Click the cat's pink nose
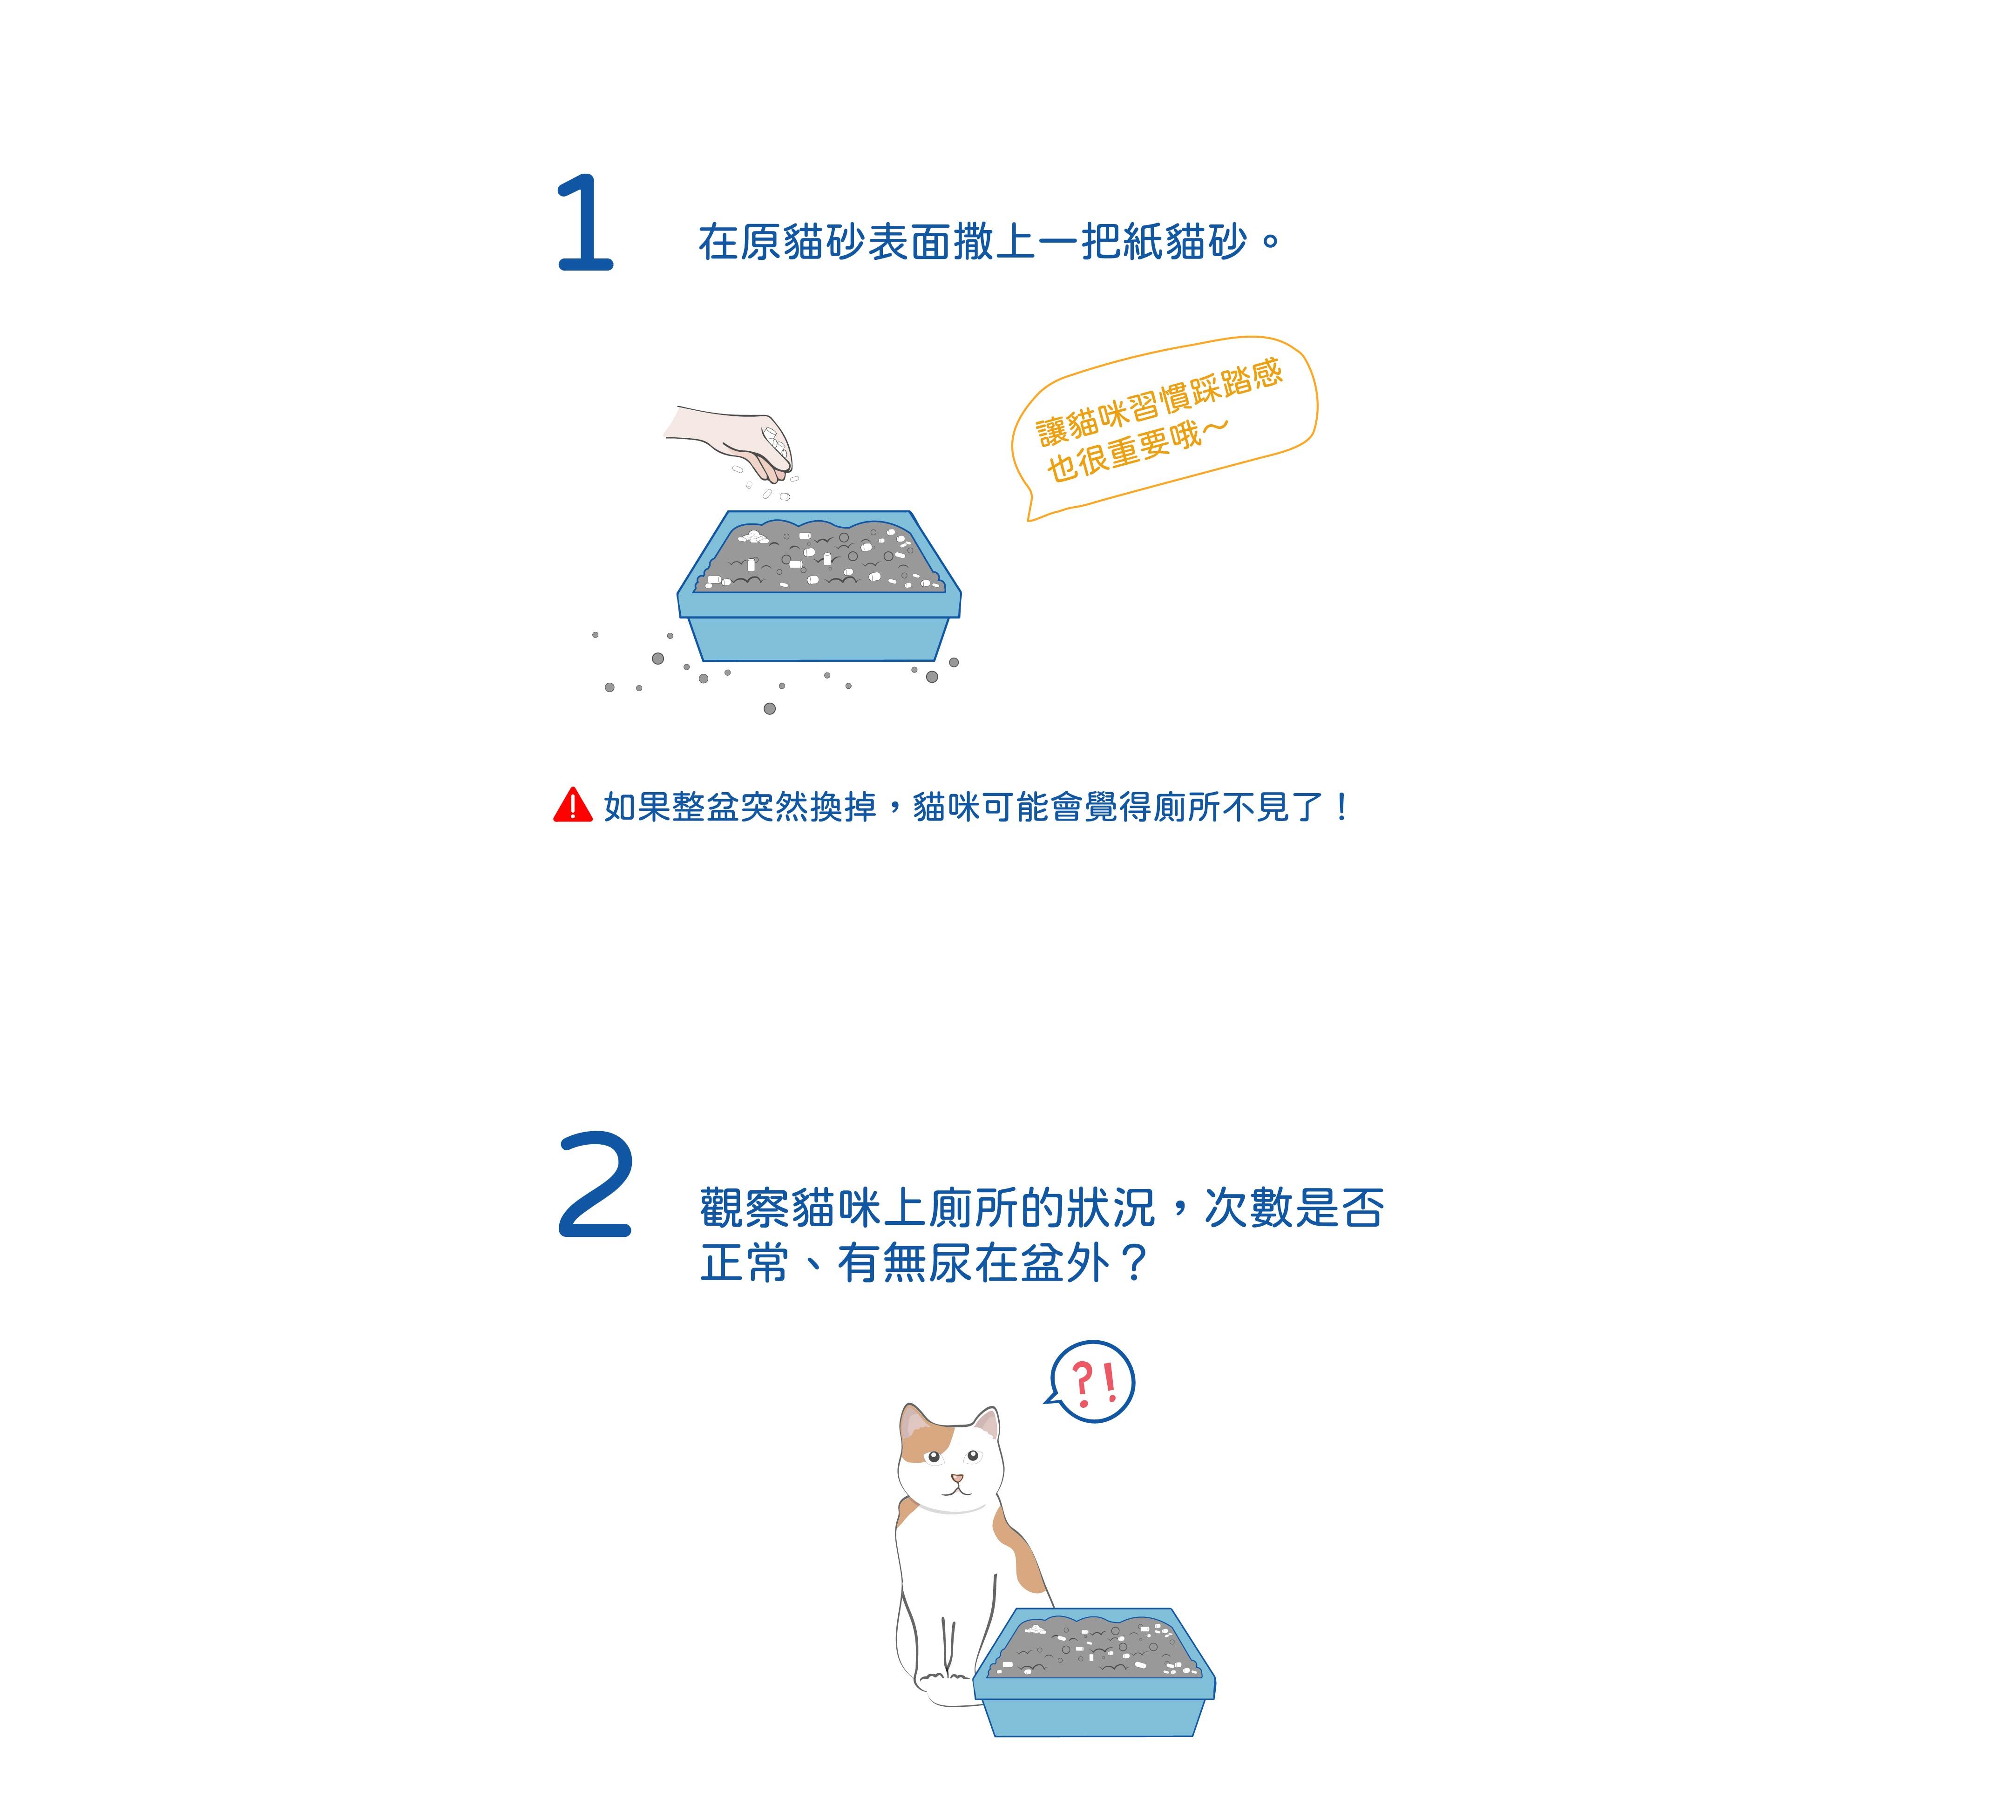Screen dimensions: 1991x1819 [x=956, y=1478]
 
